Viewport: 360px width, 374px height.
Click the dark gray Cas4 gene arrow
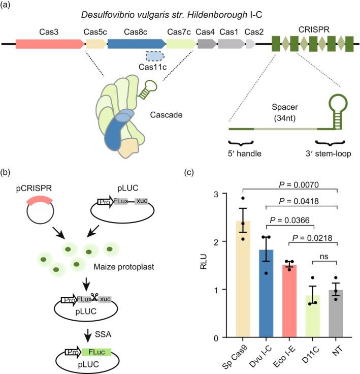pyautogui.click(x=207, y=44)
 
